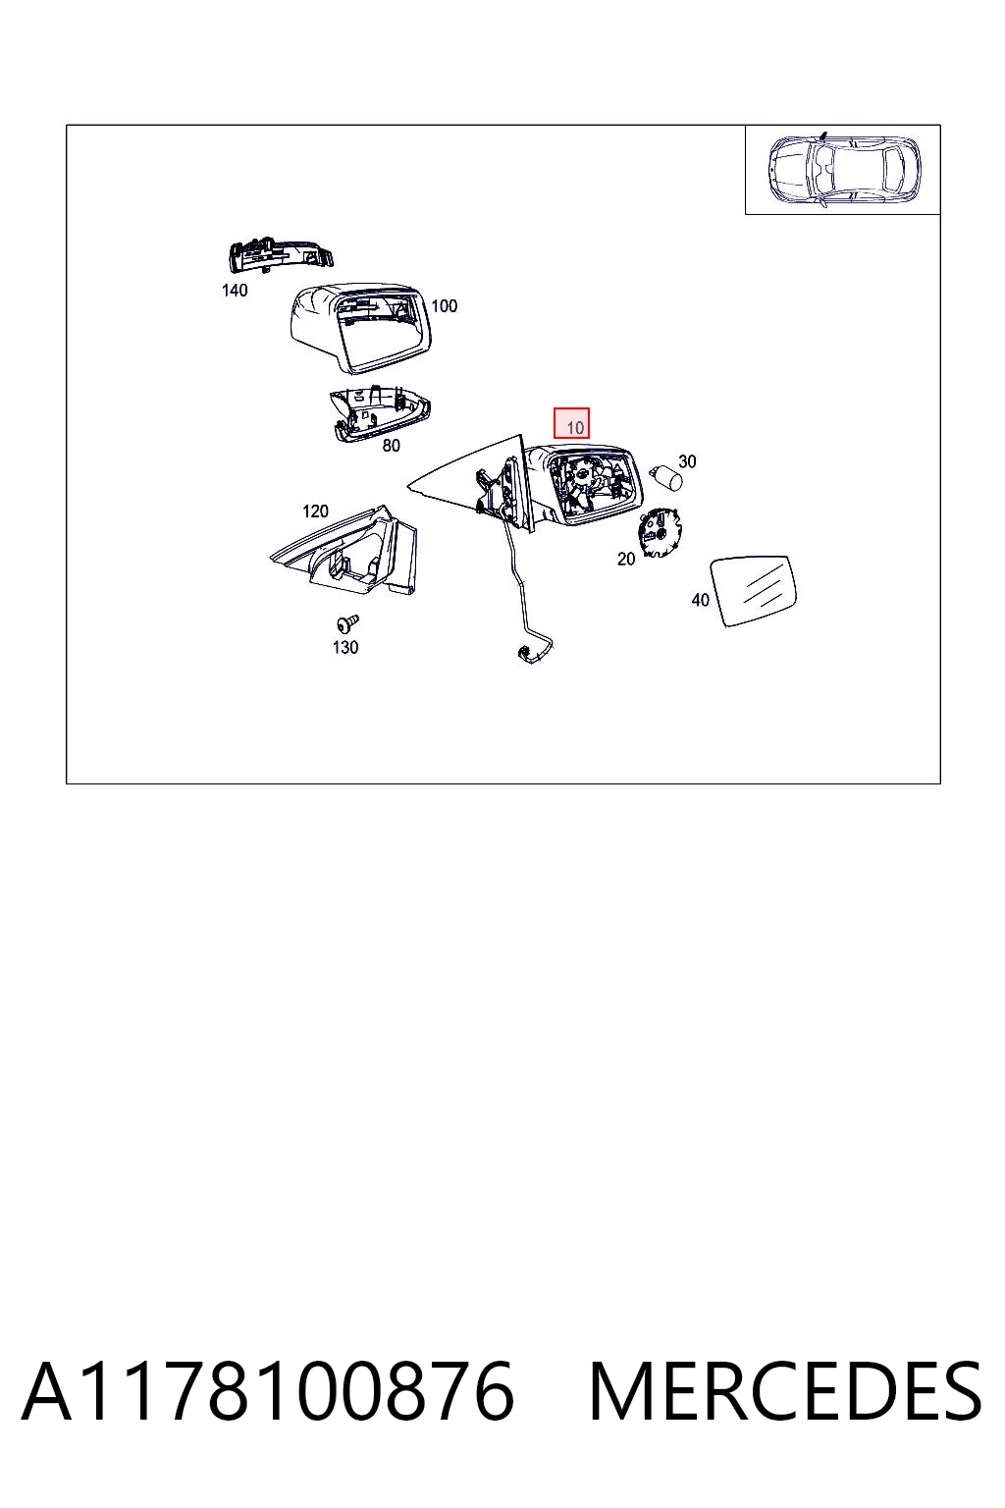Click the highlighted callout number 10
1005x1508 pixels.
[574, 427]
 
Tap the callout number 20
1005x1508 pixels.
[626, 559]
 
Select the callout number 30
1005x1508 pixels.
[687, 461]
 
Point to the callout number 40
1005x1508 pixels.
[700, 599]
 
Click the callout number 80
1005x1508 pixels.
[391, 445]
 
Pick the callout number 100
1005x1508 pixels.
[445, 306]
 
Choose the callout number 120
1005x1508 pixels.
[316, 511]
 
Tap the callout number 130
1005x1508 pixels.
[345, 647]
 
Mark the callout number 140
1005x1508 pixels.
[235, 291]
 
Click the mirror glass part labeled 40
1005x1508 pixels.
[755, 590]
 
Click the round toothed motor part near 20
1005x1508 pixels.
[659, 532]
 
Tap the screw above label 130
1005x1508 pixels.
[348, 624]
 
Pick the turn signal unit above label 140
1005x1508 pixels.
[280, 255]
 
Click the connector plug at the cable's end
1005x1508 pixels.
[526, 653]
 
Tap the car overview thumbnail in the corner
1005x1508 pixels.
[842, 170]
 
